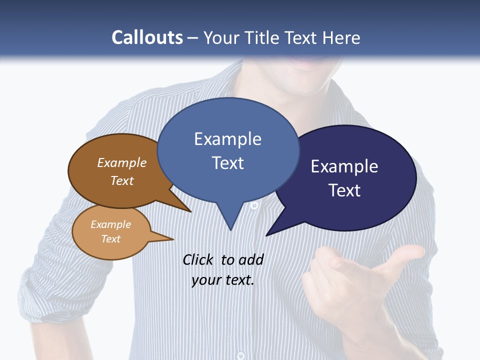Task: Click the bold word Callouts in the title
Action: pos(147,37)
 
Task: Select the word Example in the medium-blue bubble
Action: pos(227,139)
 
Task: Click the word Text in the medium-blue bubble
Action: pos(227,163)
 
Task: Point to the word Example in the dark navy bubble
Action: pos(344,166)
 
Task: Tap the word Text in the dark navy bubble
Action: pos(344,190)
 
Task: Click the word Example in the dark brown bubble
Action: pos(122,163)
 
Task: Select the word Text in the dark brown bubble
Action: pos(122,180)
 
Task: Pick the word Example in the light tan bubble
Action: pos(110,224)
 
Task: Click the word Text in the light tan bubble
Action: pos(110,239)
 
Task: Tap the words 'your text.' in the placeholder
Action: pos(223,280)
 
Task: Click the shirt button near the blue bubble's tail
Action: pos(254,205)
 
